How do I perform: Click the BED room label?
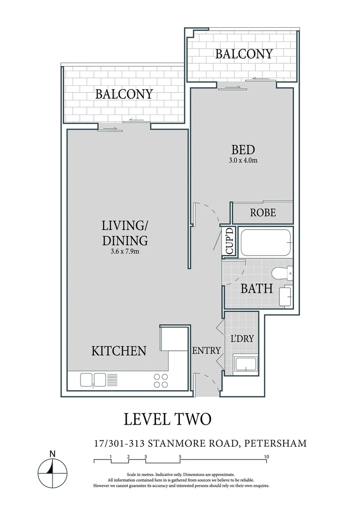click(x=243, y=150)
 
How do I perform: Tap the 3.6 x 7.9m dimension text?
click(x=125, y=251)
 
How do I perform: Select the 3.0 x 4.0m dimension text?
click(x=243, y=161)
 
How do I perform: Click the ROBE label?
click(x=262, y=213)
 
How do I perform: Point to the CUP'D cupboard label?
click(x=229, y=241)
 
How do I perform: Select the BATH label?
click(x=256, y=288)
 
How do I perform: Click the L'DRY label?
click(x=242, y=338)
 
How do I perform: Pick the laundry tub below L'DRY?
click(x=245, y=365)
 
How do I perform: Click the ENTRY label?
click(x=206, y=350)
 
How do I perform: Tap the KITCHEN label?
click(x=118, y=351)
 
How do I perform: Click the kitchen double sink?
click(x=93, y=379)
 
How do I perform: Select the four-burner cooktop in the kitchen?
click(x=161, y=380)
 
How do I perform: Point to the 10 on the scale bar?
click(x=266, y=457)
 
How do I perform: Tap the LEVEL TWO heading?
click(x=167, y=419)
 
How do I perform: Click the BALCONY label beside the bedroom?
click(x=244, y=54)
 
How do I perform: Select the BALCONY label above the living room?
click(x=124, y=94)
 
